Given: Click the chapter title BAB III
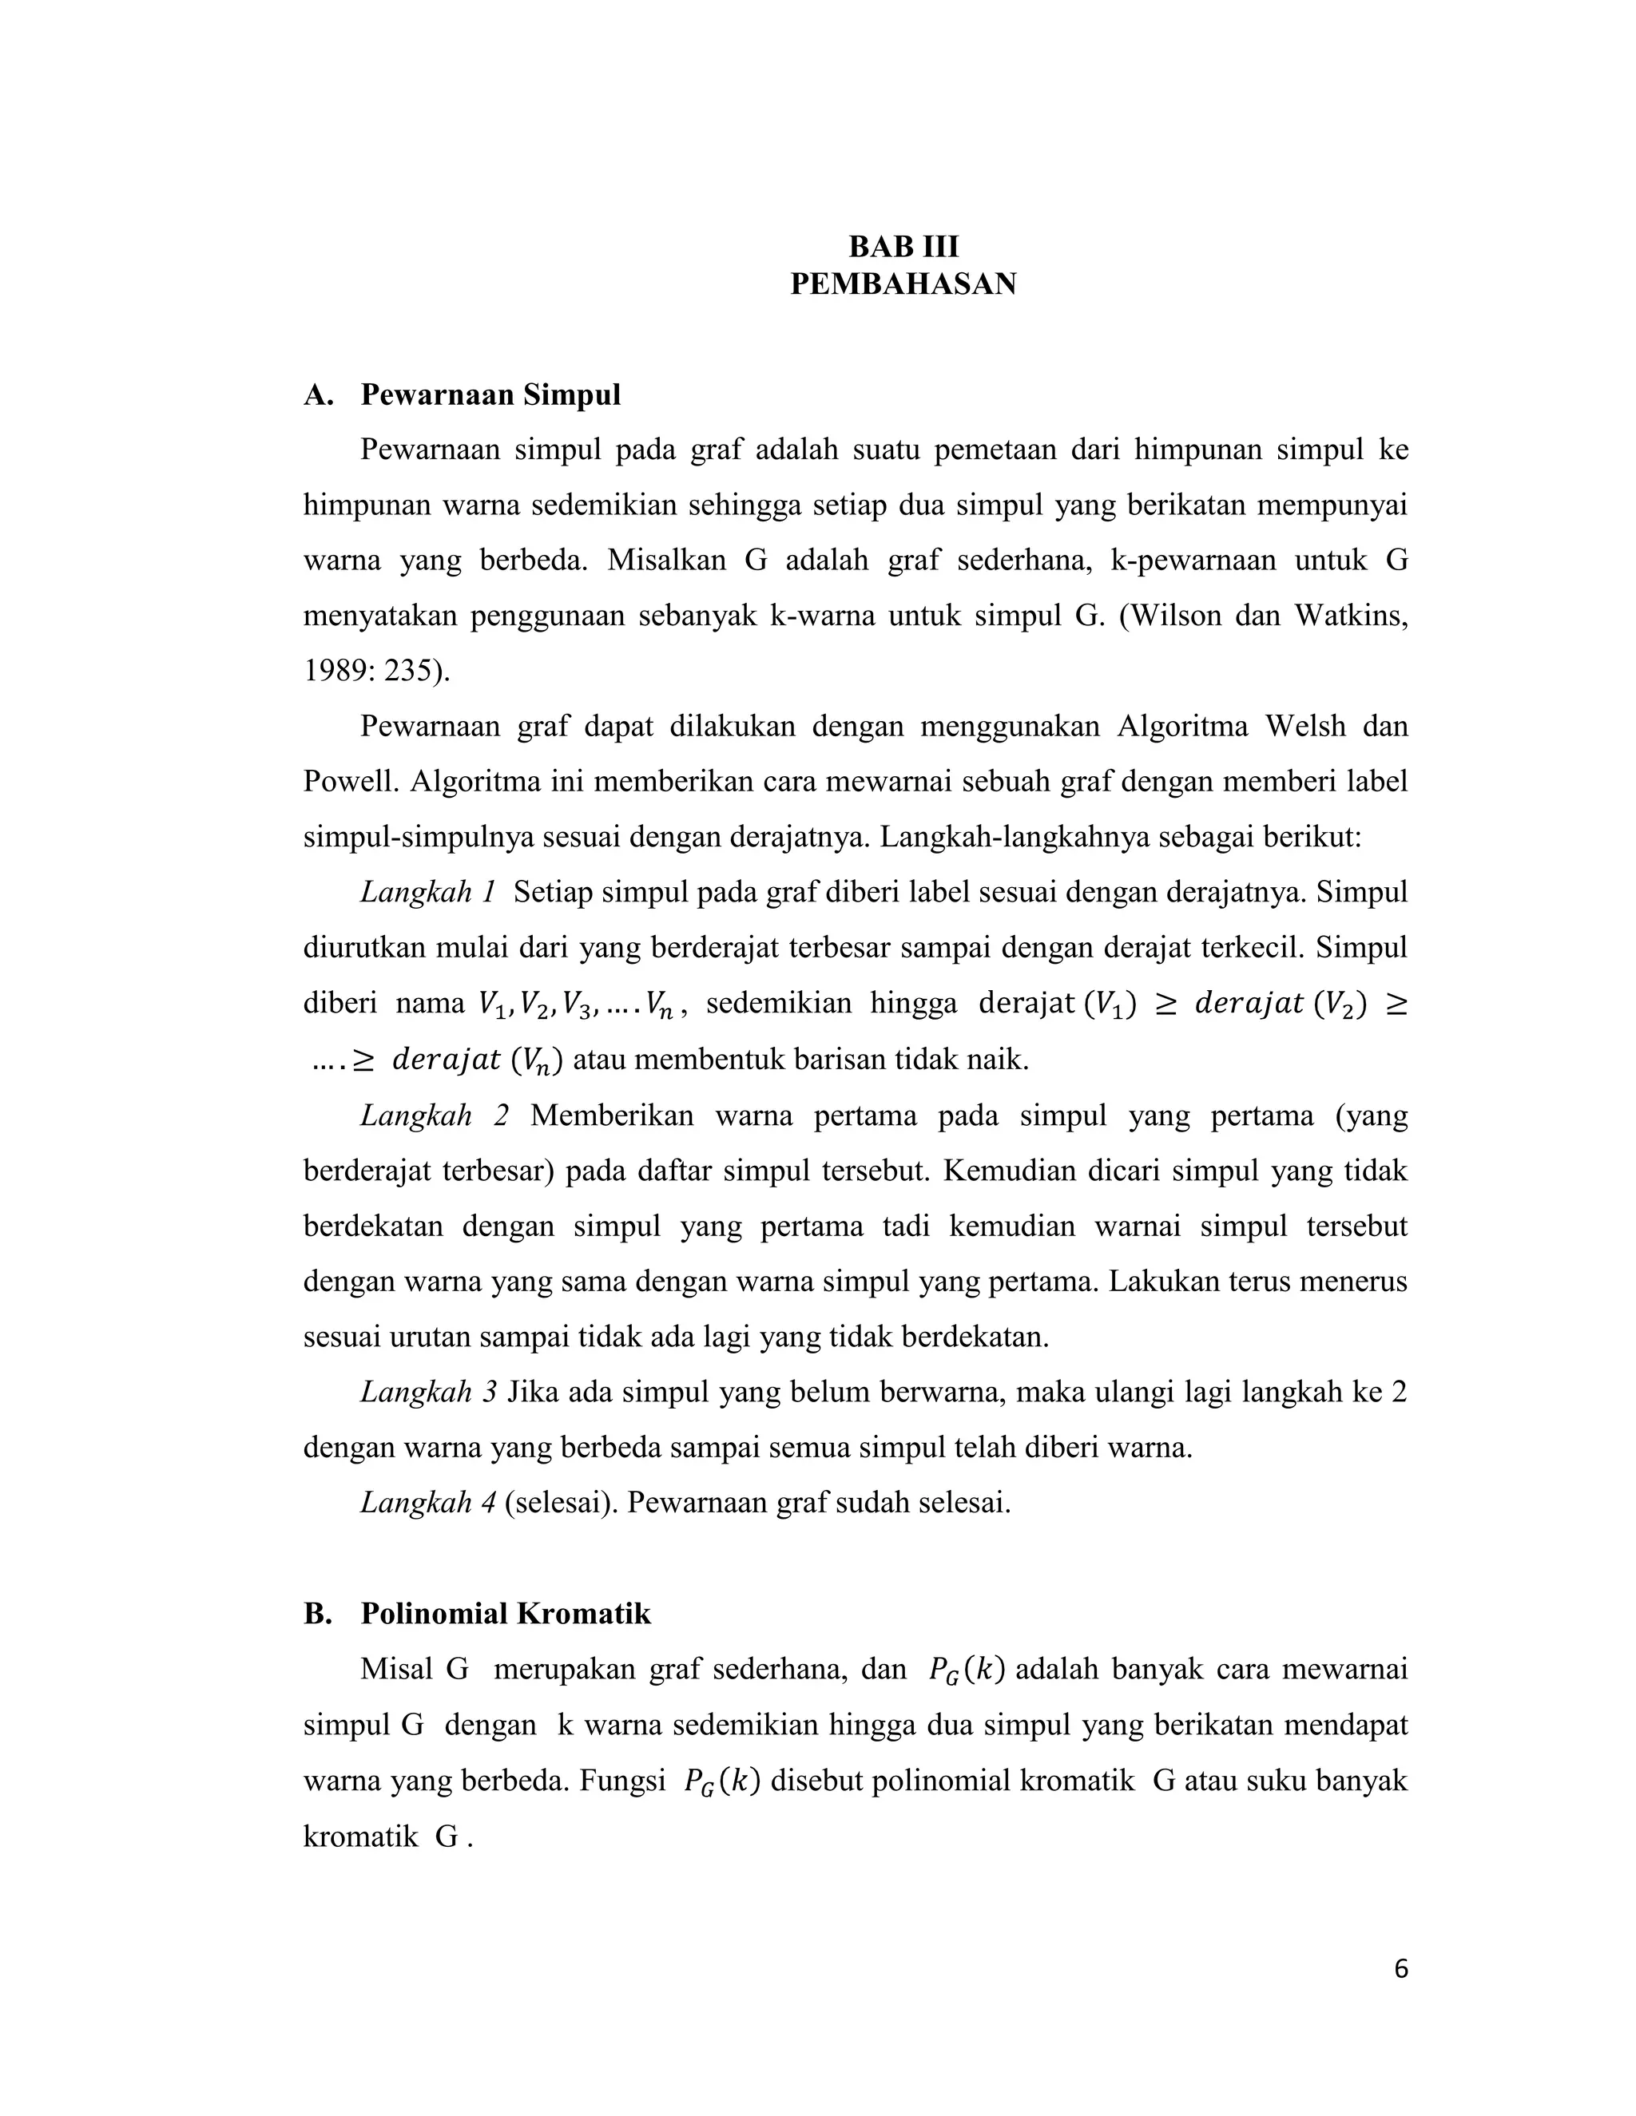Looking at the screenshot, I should [903, 247].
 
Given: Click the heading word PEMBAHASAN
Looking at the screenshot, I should [903, 284].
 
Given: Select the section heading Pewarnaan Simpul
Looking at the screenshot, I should [490, 395].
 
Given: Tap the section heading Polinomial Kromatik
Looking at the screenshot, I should [505, 1614].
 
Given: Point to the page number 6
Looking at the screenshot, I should [1400, 1969].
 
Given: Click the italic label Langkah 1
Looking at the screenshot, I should [427, 891].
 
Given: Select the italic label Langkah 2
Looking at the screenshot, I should [433, 1115].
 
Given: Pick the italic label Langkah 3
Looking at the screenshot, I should [427, 1393].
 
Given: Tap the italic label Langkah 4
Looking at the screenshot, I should [427, 1503].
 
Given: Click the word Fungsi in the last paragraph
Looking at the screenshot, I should [622, 1781].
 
